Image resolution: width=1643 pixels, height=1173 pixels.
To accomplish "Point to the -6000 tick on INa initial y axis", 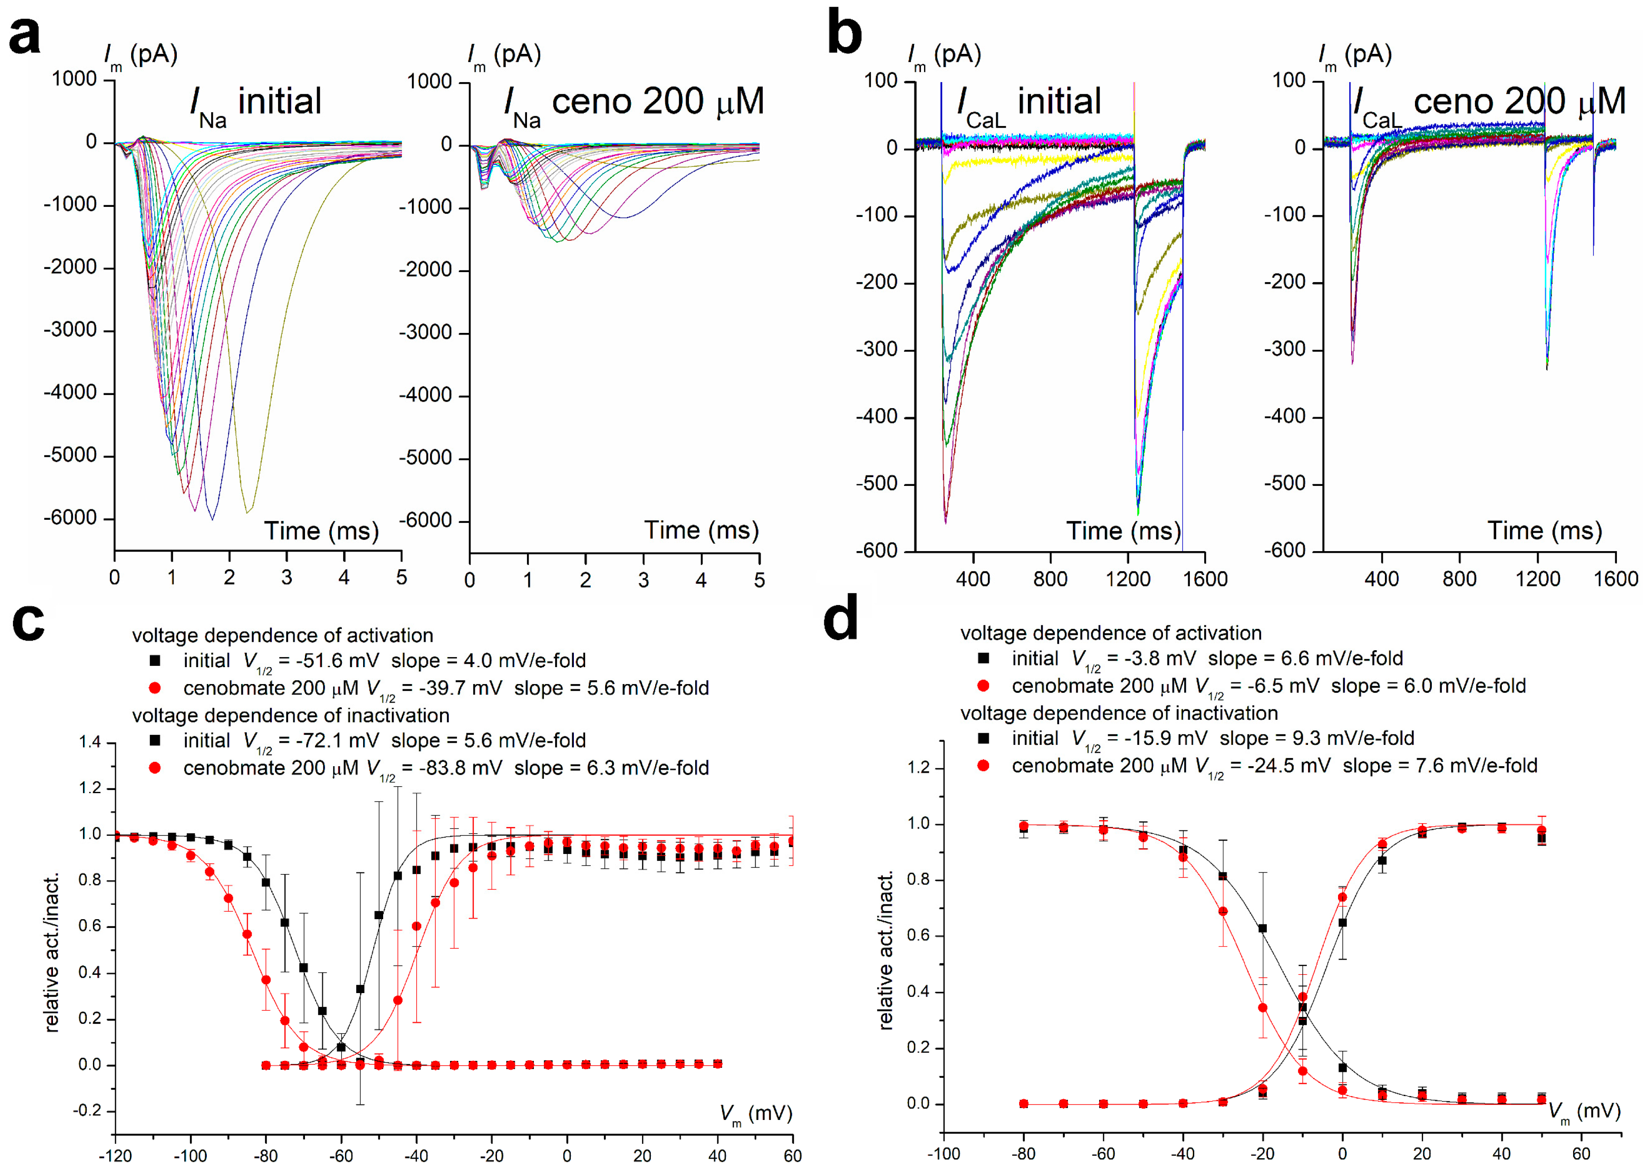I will tap(70, 518).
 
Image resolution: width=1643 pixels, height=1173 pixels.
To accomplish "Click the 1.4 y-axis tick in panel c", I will tap(90, 742).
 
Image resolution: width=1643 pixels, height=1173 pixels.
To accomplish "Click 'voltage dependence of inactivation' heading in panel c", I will tap(290, 715).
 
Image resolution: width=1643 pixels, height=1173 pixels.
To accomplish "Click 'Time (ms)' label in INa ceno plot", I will tap(701, 530).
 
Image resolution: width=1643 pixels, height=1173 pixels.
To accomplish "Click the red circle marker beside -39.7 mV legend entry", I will tap(155, 688).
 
